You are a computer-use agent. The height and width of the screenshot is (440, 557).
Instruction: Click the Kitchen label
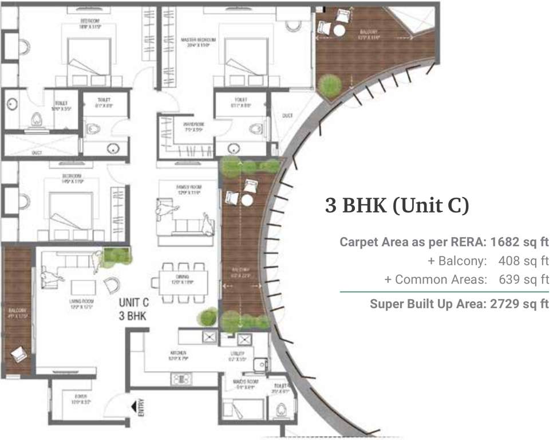coord(177,353)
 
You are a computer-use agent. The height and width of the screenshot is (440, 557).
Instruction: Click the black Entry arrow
coord(135,407)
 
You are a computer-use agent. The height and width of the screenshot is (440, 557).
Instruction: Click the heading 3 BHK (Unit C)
coord(397,206)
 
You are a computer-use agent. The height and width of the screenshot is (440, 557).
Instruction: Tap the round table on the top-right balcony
coord(340,30)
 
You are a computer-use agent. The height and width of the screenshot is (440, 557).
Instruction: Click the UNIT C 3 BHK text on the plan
coord(135,308)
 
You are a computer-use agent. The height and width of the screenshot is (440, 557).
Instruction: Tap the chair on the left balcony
coord(18,355)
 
